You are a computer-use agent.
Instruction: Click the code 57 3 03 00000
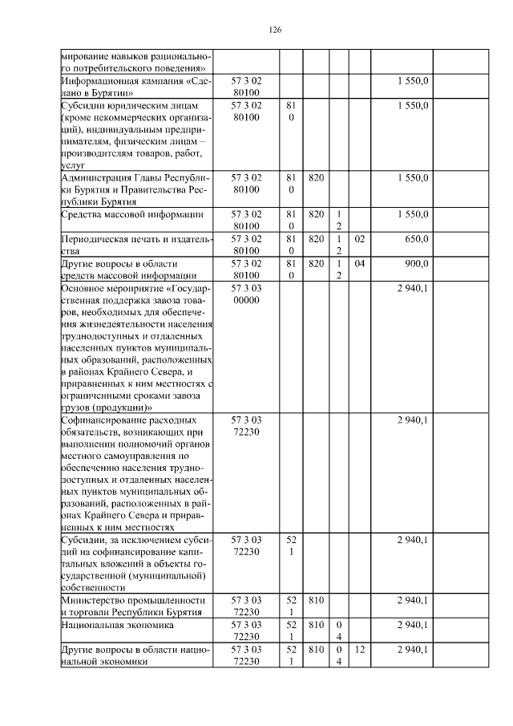tap(252, 293)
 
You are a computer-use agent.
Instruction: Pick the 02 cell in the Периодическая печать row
tap(360, 239)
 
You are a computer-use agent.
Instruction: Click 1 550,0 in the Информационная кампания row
tap(413, 81)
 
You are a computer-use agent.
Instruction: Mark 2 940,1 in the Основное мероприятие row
tap(413, 286)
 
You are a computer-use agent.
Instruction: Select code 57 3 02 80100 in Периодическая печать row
tap(252, 245)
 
